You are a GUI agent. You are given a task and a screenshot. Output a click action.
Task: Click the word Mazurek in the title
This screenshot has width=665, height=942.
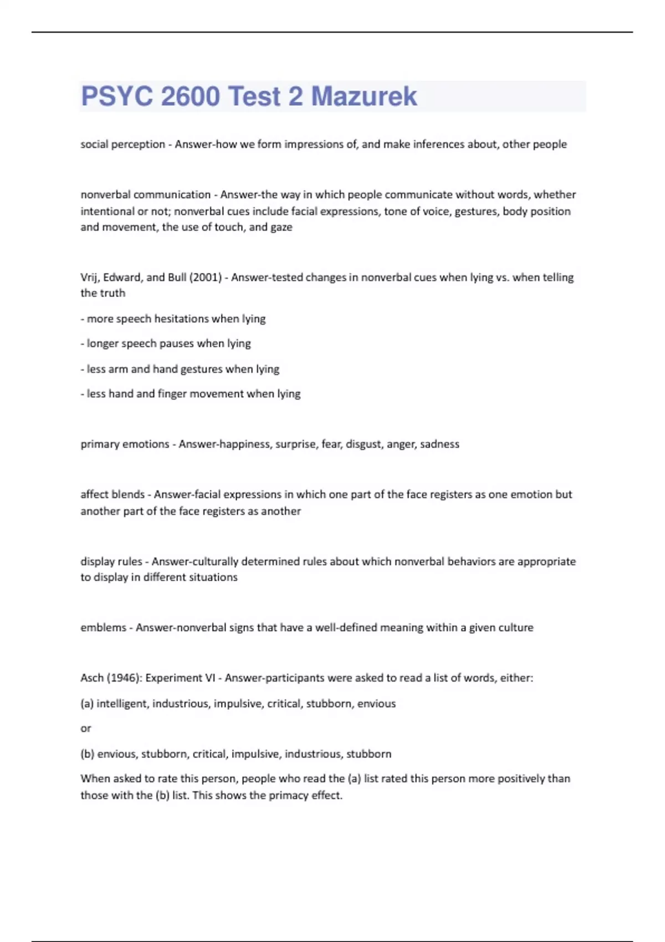364,96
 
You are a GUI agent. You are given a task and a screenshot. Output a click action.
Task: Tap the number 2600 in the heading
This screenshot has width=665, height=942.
190,96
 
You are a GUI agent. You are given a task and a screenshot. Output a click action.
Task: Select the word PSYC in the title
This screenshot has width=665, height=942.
116,96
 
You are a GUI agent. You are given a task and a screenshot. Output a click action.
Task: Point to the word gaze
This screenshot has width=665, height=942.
281,227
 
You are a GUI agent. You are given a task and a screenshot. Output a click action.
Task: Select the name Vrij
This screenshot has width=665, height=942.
89,277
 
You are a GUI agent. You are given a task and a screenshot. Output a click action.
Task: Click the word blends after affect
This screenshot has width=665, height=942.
128,494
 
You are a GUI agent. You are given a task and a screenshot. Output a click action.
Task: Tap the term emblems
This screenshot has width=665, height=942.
103,628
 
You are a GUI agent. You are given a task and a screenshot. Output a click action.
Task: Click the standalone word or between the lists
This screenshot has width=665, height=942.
85,729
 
